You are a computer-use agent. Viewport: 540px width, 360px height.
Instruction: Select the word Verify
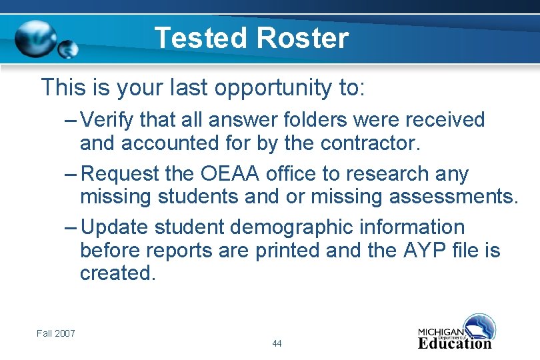pyautogui.click(x=109, y=120)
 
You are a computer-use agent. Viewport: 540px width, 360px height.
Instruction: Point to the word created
pyautogui.click(x=117, y=273)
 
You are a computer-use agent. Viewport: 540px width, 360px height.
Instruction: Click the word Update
pyautogui.click(x=115, y=227)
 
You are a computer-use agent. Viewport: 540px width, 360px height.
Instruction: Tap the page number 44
pyautogui.click(x=277, y=343)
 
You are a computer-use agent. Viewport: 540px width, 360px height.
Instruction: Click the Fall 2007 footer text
pyautogui.click(x=56, y=333)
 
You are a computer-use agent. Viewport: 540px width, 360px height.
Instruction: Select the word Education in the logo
pyautogui.click(x=455, y=344)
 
